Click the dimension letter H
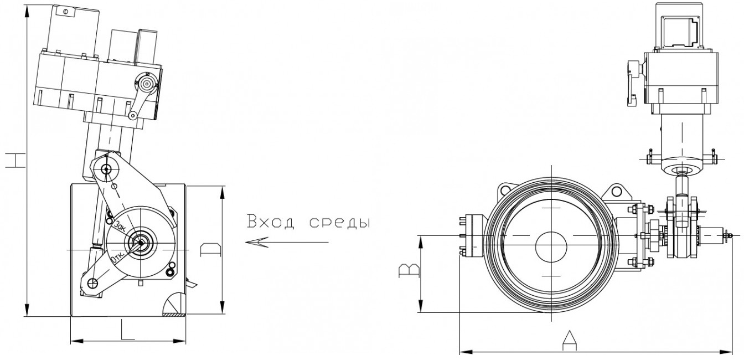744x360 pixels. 16,160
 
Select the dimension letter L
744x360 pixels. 128,330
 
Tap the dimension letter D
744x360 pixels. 210,250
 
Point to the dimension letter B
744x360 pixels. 409,271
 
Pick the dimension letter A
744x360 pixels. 569,341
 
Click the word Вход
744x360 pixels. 271,222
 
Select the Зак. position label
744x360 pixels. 120,226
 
